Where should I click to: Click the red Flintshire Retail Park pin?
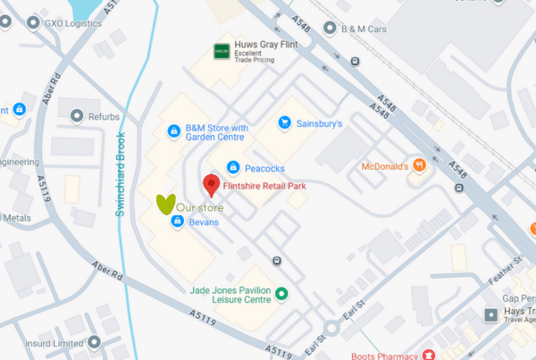point(211,185)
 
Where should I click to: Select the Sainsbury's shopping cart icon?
point(284,122)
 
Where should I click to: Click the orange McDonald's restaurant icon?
point(420,165)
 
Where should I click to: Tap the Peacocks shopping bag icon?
point(232,167)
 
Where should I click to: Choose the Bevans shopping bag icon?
point(176,222)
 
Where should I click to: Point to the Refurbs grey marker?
point(74,115)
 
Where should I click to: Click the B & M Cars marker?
point(330,29)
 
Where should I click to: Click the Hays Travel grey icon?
point(489,314)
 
